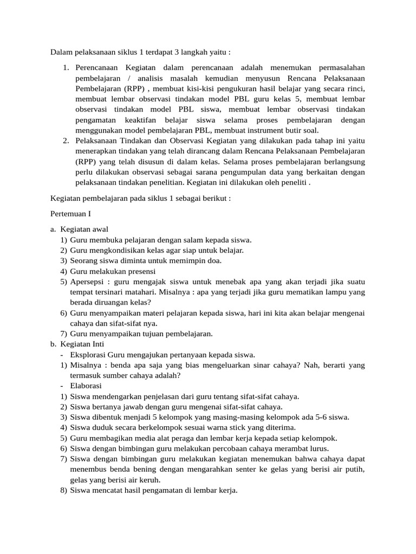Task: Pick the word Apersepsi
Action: pos(88,282)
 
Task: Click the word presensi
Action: pos(140,271)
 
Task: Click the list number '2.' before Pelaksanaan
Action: pos(66,141)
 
